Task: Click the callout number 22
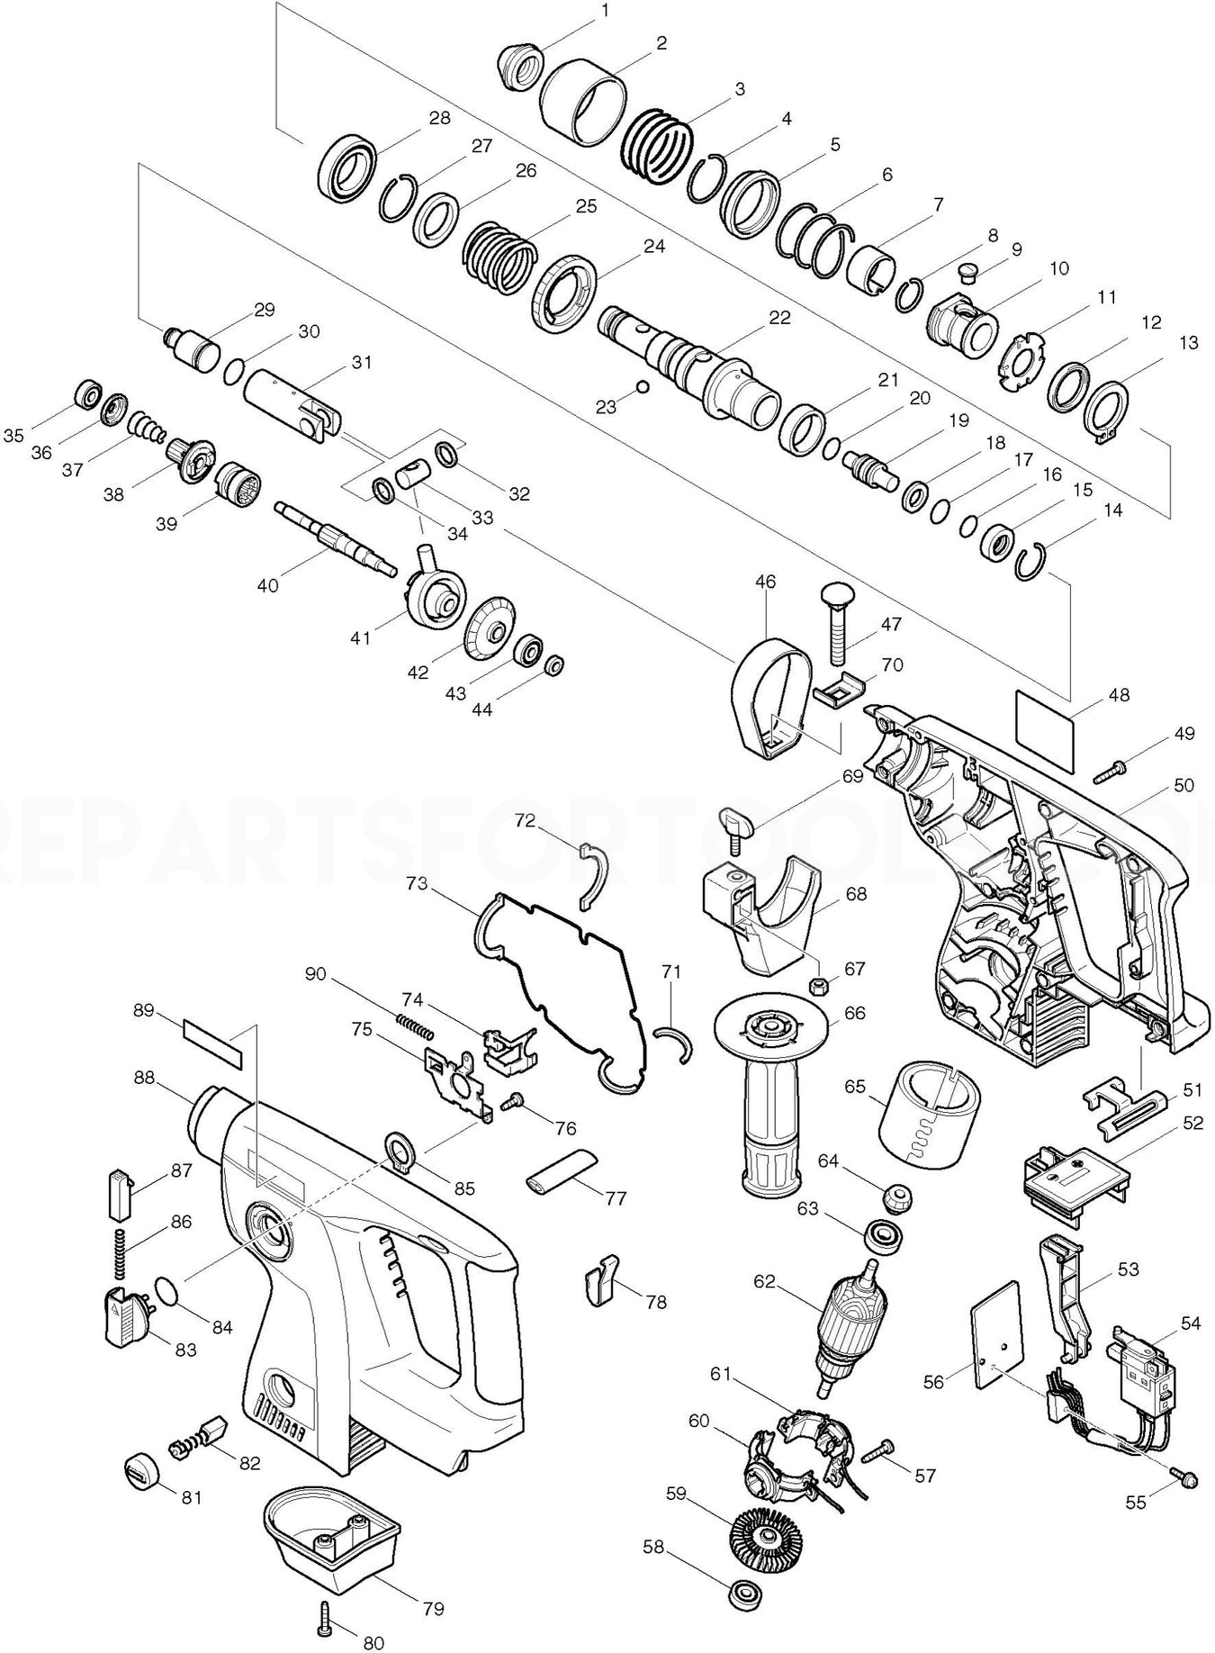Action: pos(778,318)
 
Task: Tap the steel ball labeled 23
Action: pos(641,387)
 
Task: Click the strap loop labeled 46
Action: pos(770,698)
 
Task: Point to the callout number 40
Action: pos(267,584)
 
